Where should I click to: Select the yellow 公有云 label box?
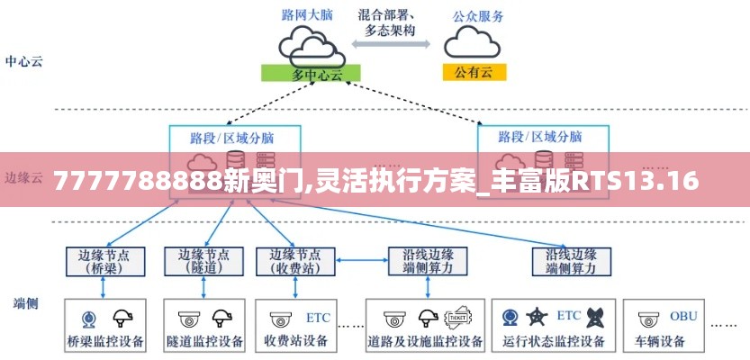pyautogui.click(x=474, y=72)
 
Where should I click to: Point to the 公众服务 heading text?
pyautogui.click(x=477, y=15)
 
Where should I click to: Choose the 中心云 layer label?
pyautogui.click(x=24, y=62)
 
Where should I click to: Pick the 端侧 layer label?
pyautogui.click(x=25, y=303)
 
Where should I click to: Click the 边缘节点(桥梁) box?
pyautogui.click(x=106, y=261)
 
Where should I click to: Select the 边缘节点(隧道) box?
pyautogui.click(x=203, y=261)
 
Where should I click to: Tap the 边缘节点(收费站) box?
pyautogui.click(x=295, y=261)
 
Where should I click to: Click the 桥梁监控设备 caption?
pyautogui.click(x=104, y=342)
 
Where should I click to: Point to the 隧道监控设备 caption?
pyautogui.click(x=205, y=342)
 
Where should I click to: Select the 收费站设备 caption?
pyautogui.click(x=295, y=342)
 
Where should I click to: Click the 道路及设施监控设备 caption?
pyautogui.click(x=426, y=342)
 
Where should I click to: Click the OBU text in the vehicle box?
pyautogui.click(x=683, y=316)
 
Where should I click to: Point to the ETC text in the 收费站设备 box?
pyautogui.click(x=318, y=318)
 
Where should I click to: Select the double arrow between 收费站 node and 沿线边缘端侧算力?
pyautogui.click(x=362, y=261)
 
